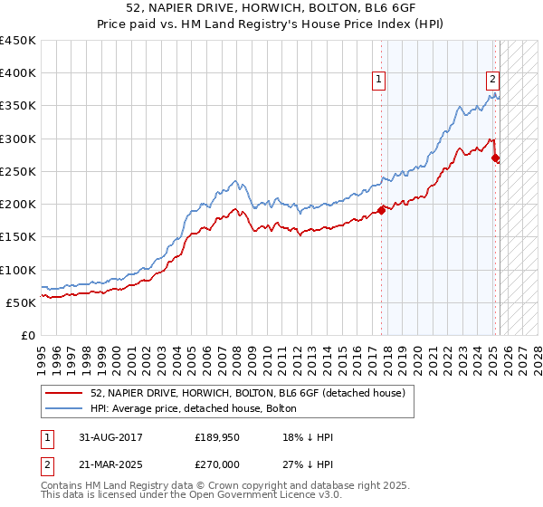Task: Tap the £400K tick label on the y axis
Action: coord(18,73)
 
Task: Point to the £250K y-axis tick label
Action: coord(18,171)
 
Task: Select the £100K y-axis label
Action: coord(18,270)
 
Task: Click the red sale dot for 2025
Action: coord(495,158)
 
